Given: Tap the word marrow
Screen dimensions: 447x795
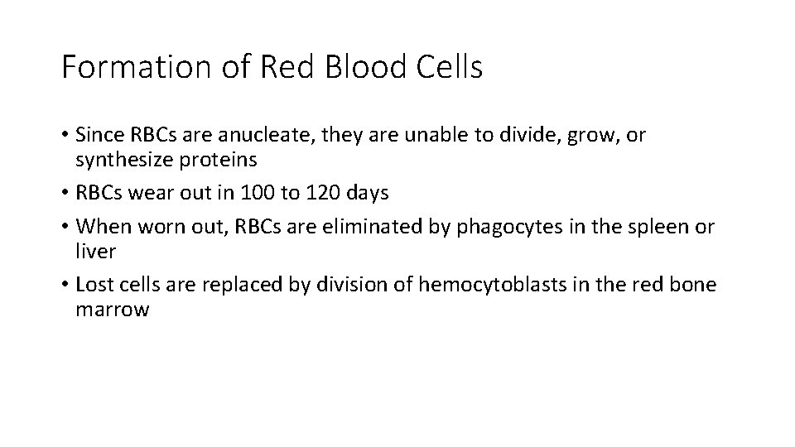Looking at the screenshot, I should tap(112, 310).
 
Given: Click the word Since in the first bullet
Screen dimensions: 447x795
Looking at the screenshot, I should tap(99, 134).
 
